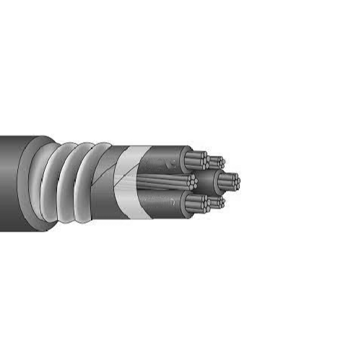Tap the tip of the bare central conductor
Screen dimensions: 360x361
[x=191, y=180]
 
